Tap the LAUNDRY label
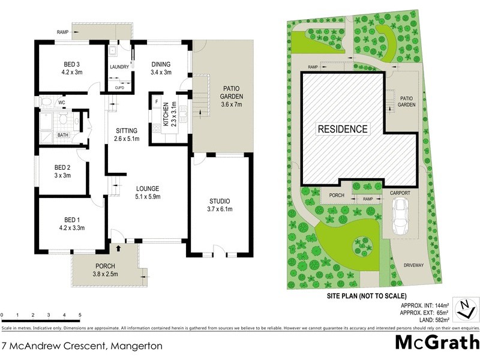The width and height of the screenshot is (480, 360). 119,67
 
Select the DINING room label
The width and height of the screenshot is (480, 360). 160,64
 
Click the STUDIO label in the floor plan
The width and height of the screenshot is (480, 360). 220,201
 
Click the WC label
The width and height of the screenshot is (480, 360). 61,103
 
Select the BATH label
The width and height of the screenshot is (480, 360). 62,136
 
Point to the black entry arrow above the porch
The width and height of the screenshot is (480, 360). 118,247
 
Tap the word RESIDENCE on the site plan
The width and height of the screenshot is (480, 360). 343,129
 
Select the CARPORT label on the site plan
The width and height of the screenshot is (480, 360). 400,193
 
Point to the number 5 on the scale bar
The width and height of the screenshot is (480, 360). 80,315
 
